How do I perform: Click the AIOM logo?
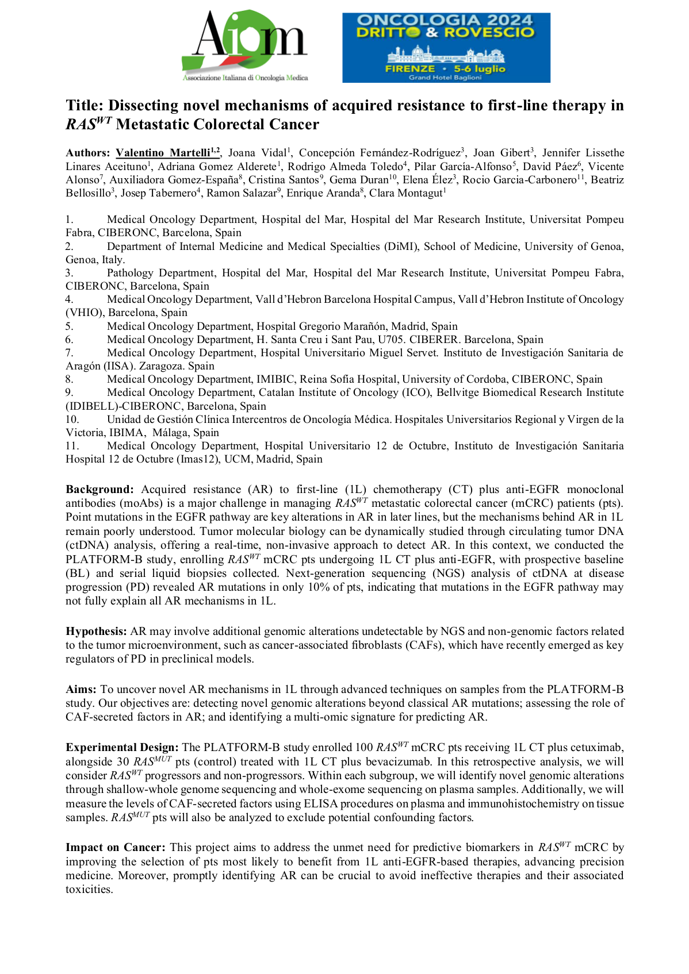click(x=245, y=46)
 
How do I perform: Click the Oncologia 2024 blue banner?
click(x=446, y=47)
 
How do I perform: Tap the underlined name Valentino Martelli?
click(x=163, y=153)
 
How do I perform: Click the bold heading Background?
click(x=99, y=490)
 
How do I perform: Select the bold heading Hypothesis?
click(x=96, y=632)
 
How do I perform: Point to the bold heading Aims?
click(x=81, y=690)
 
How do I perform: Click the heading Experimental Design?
click(x=122, y=748)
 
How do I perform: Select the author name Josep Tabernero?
click(x=158, y=193)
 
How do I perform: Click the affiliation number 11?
click(x=71, y=446)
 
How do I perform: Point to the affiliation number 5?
click(x=69, y=326)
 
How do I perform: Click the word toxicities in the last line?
click(x=89, y=890)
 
